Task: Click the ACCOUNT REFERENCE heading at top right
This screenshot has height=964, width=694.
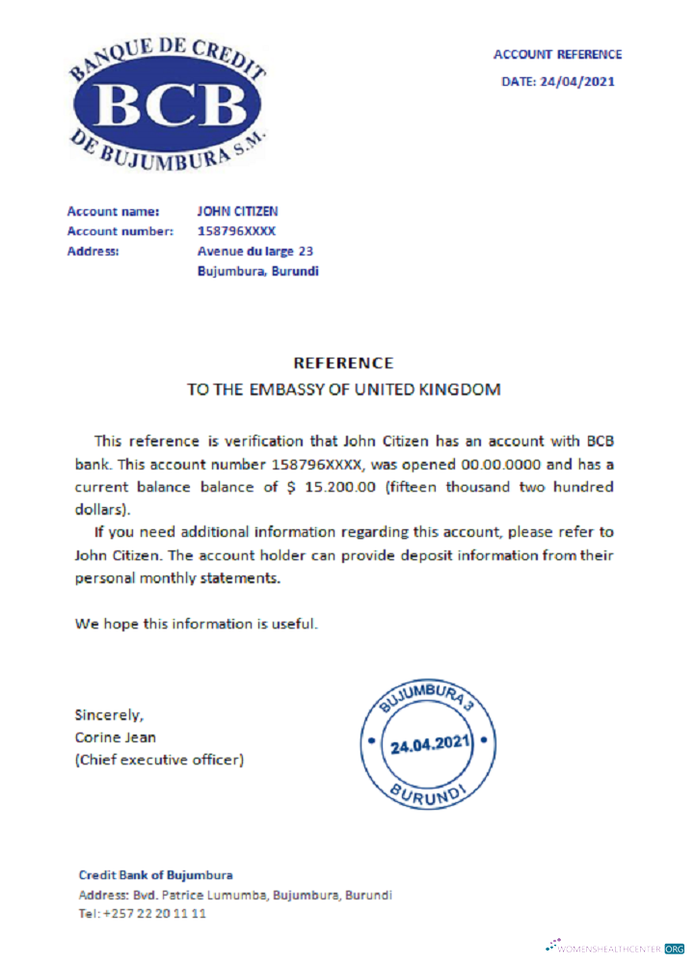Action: (x=557, y=55)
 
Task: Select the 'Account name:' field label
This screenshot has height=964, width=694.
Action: (x=106, y=210)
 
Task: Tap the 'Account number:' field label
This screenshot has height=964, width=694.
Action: (x=120, y=231)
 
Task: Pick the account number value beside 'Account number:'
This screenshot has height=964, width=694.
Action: (x=236, y=231)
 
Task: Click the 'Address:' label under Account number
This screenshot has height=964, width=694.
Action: (x=93, y=252)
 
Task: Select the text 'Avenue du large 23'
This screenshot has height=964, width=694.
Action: (x=254, y=252)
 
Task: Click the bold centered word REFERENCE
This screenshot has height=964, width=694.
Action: (x=343, y=363)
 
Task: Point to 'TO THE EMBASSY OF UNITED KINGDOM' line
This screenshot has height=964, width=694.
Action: (x=343, y=390)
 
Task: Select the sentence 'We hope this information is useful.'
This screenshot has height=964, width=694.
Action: (x=197, y=624)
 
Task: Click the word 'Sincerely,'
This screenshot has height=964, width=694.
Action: (x=109, y=714)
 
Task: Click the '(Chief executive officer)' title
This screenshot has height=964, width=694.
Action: (x=159, y=760)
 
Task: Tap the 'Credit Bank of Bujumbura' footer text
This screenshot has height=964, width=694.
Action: (x=155, y=875)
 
